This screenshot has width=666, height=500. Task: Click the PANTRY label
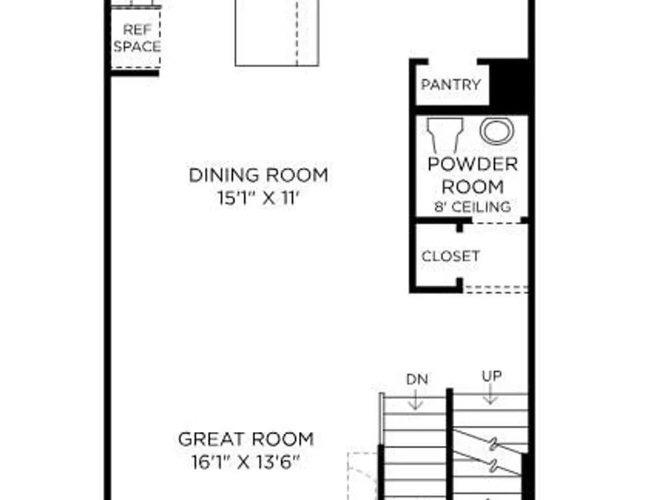(x=450, y=84)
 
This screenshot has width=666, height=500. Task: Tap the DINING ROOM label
(x=258, y=175)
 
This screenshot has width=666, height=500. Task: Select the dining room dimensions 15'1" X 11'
(x=258, y=198)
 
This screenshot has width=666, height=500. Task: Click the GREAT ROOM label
(x=246, y=439)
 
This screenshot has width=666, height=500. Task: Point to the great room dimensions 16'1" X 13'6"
(x=246, y=462)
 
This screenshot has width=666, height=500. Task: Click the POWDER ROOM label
(x=473, y=175)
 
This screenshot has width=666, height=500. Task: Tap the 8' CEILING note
(x=472, y=207)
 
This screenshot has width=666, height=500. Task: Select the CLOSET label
(x=451, y=256)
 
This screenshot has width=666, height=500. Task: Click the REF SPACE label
(x=137, y=38)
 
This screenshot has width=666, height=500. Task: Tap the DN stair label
(x=417, y=379)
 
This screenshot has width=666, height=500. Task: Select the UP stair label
(x=492, y=376)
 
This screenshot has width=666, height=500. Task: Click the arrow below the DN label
(x=416, y=399)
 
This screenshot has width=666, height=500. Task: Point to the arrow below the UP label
(x=491, y=394)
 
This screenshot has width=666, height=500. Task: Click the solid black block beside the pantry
(x=509, y=83)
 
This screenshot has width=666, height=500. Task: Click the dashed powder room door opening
(x=497, y=222)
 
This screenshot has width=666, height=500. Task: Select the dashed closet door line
(x=496, y=289)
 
